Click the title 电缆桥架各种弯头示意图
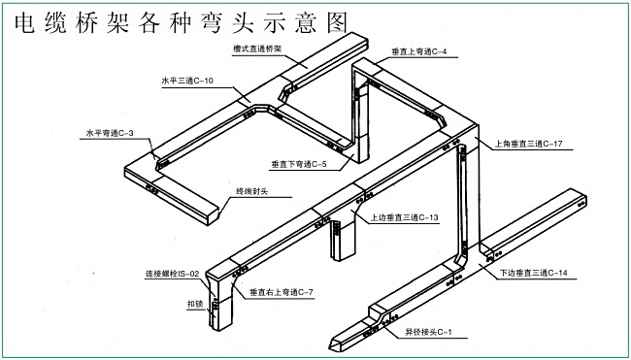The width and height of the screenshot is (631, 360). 182,23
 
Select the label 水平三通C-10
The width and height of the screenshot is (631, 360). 187,81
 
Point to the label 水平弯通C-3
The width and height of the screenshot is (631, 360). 109,134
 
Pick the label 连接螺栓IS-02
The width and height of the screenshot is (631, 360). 172,275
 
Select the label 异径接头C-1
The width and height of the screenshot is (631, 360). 429,332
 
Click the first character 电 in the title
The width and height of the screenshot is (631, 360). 25,23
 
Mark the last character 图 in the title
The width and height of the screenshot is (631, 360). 337,23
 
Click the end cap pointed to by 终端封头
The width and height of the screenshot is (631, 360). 213,217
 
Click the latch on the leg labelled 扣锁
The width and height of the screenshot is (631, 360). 215,307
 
